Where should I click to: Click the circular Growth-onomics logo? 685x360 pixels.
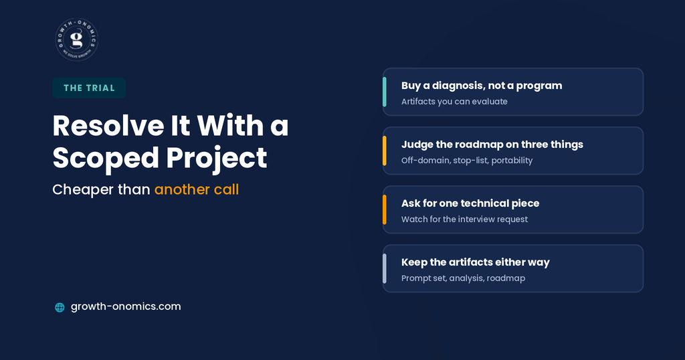77,39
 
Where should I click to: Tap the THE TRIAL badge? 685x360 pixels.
89,88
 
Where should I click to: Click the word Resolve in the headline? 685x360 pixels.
108,126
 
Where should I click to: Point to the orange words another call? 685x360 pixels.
197,189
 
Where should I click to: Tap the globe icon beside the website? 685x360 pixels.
60,307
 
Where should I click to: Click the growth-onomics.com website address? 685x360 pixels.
126,306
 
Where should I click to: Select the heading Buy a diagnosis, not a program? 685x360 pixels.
482,86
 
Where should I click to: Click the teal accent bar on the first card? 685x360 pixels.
385,92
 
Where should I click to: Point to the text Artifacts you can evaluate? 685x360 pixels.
454,101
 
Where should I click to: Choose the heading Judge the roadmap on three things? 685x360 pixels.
492,145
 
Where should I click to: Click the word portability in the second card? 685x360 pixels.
512,161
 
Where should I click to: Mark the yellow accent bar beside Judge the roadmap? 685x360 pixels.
385,151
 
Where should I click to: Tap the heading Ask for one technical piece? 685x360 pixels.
470,203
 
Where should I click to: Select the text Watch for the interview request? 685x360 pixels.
464,219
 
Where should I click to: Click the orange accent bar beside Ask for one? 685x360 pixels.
385,209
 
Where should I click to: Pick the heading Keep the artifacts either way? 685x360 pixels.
476,262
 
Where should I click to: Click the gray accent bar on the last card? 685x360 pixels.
385,269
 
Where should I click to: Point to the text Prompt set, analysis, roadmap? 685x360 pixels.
463,278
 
